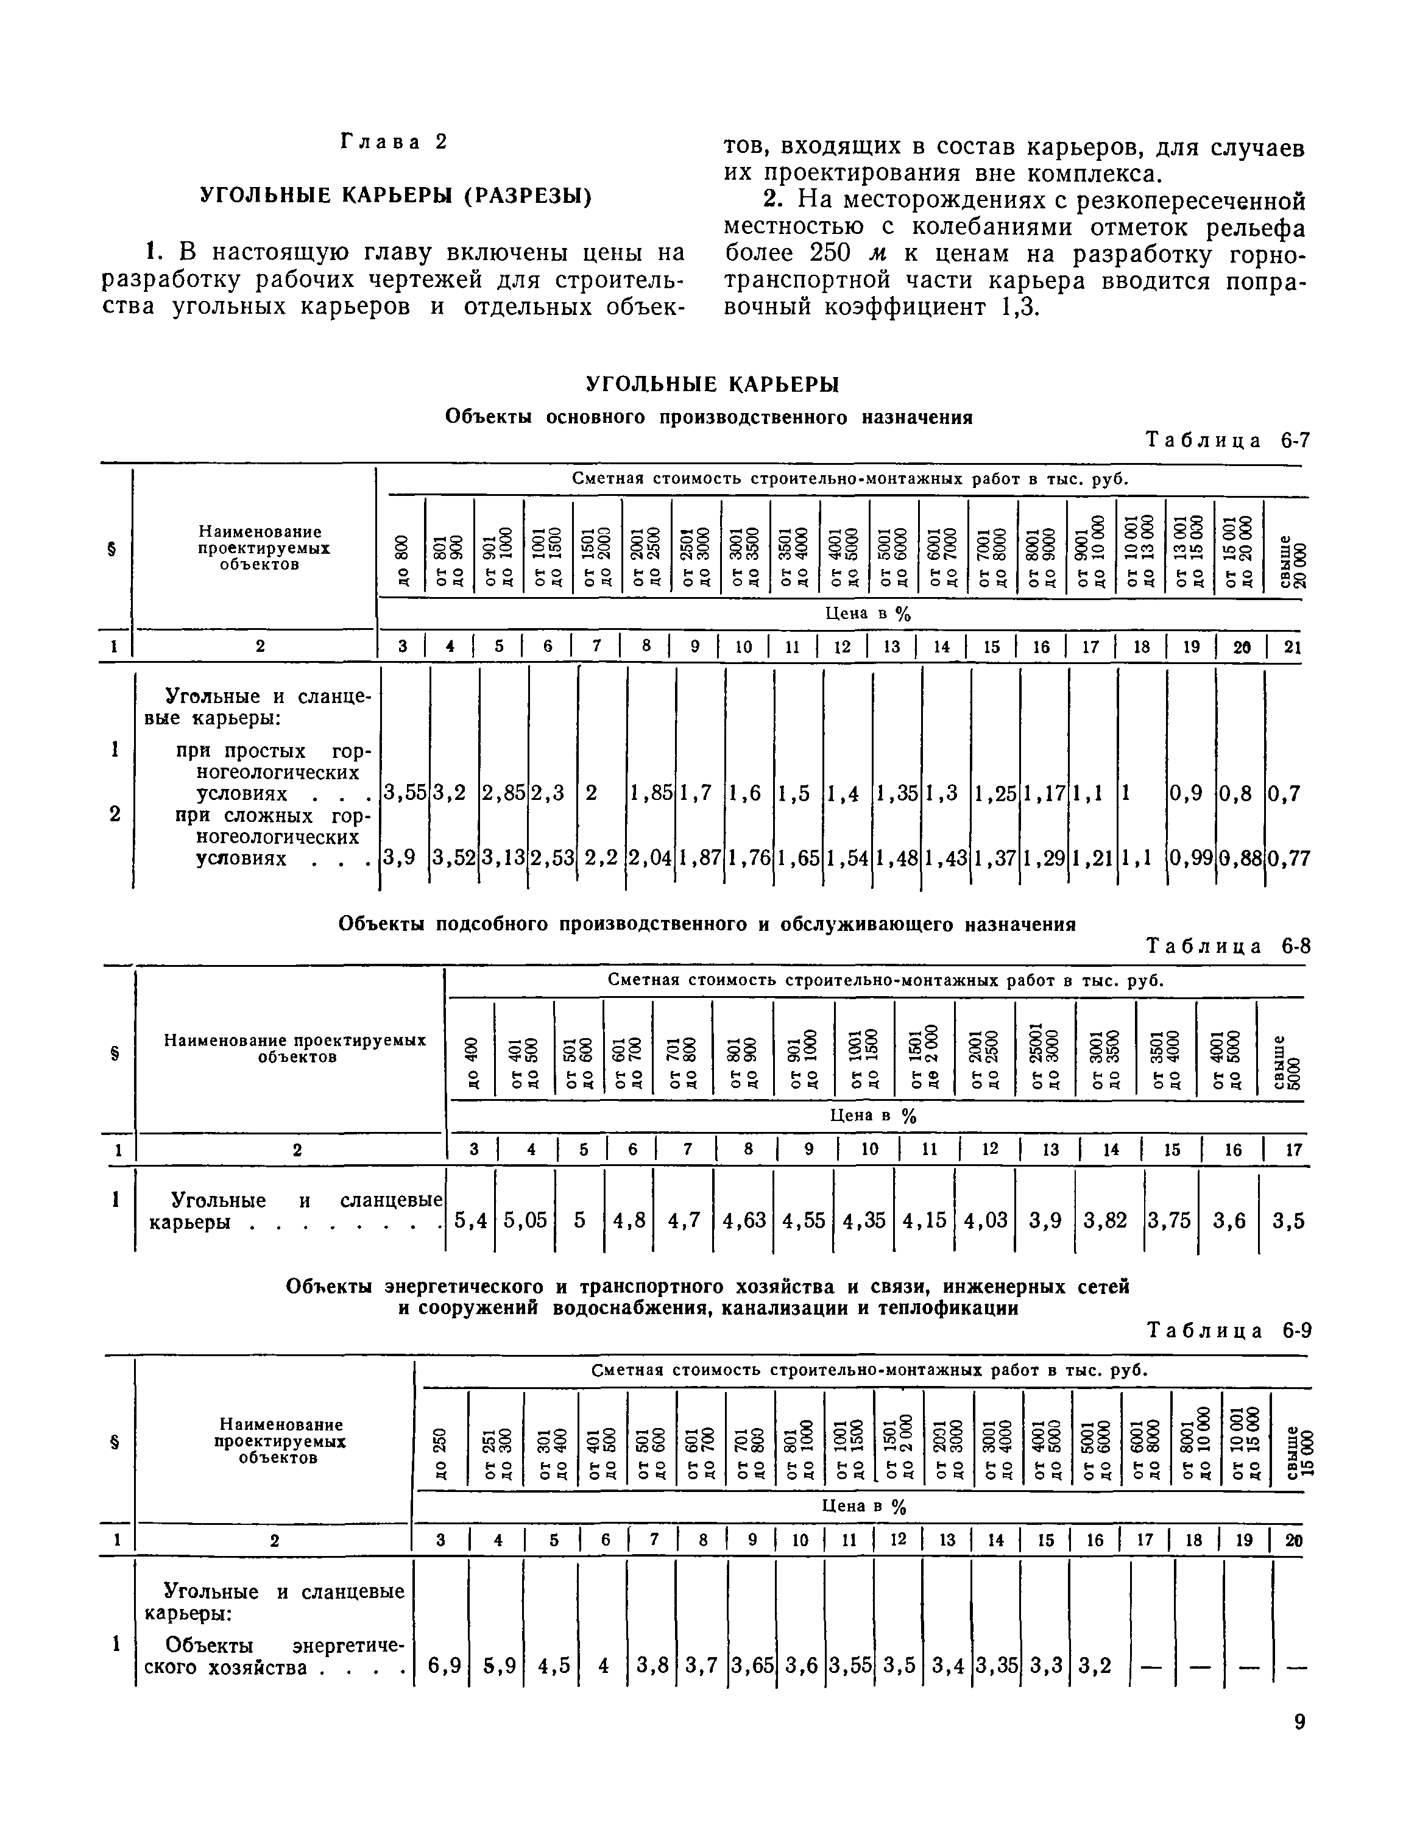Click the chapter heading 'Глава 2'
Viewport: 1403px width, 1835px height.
[x=394, y=142]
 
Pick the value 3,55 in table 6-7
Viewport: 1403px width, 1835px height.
[x=404, y=793]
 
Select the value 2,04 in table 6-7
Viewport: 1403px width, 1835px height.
[x=650, y=858]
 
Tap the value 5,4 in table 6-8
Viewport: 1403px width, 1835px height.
[x=470, y=1221]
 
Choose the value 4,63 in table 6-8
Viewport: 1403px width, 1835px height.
[x=743, y=1221]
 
